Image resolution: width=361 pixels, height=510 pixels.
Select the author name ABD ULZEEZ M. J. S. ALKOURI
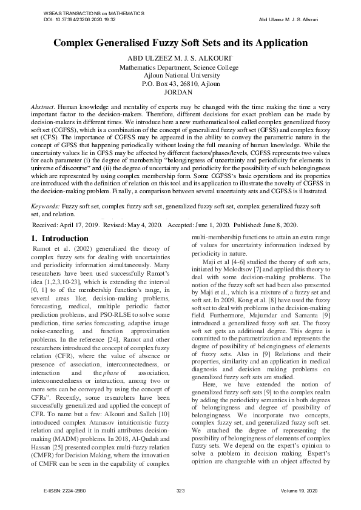tap(180, 58)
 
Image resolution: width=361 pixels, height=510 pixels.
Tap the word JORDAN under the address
tap(180, 92)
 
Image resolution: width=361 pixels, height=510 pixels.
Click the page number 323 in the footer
tap(180, 489)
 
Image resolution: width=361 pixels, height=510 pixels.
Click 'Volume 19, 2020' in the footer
tap(299, 489)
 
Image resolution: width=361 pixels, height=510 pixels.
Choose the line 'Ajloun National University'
tap(180, 75)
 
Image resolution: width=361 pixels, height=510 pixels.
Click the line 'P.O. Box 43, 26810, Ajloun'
tap(180, 84)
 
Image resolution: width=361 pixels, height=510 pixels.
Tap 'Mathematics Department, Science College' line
tap(180, 67)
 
